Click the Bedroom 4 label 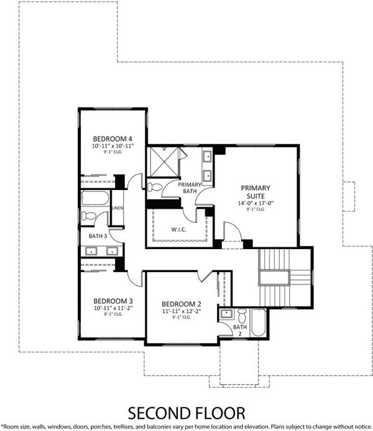click(x=113, y=139)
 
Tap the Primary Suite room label click(x=256, y=192)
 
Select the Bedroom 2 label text click(x=182, y=304)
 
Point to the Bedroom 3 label click(x=113, y=301)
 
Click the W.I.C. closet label click(x=179, y=229)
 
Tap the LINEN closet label click(x=117, y=208)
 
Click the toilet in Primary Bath click(x=154, y=187)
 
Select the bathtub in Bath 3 click(x=95, y=198)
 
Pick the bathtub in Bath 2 click(x=259, y=323)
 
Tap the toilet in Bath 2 click(x=242, y=316)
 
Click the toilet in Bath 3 click(x=88, y=215)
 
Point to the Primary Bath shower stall click(x=163, y=161)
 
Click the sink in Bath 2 click(x=227, y=314)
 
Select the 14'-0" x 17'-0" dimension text click(x=256, y=204)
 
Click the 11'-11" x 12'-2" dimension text click(x=182, y=311)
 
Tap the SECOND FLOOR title click(x=186, y=414)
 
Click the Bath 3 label click(x=98, y=236)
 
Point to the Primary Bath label click(x=190, y=188)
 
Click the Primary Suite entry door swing click(x=233, y=232)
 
